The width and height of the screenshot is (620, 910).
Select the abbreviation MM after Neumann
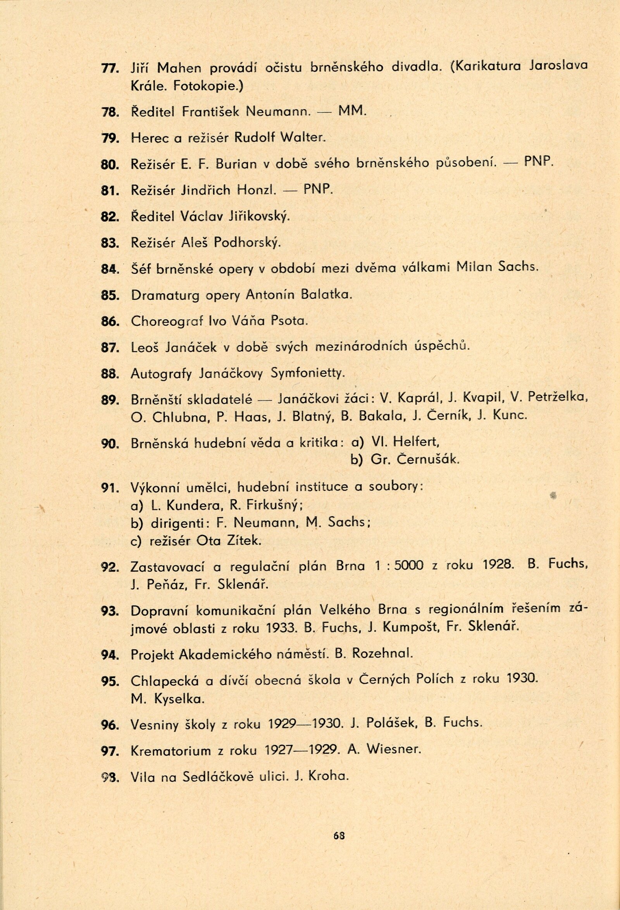click(x=351, y=112)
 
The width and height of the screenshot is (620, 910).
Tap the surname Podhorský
click(x=247, y=243)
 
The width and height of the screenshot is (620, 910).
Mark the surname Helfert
click(x=417, y=442)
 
